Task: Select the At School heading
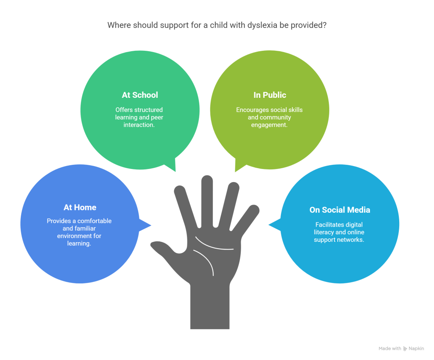click(x=140, y=95)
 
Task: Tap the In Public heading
click(x=269, y=95)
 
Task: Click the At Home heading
click(x=80, y=207)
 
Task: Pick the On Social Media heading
click(x=339, y=210)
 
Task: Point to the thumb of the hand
click(x=163, y=247)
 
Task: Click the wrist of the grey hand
click(x=210, y=305)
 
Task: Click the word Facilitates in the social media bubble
click(x=330, y=224)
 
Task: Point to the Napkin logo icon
click(x=405, y=349)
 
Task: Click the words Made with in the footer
click(x=389, y=349)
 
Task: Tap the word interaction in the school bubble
click(x=139, y=125)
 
